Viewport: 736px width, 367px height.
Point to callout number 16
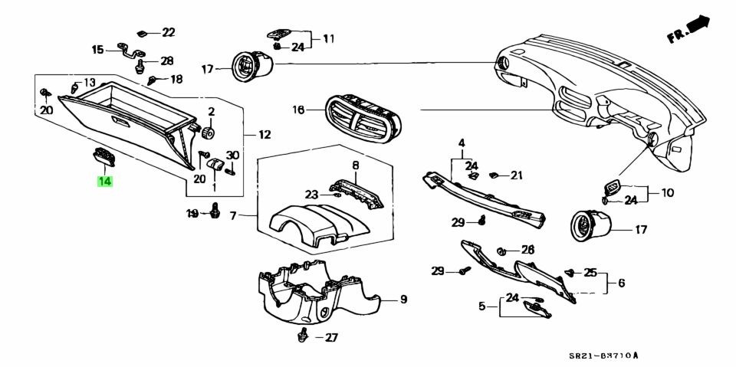tap(298, 110)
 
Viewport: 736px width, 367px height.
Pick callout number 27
tap(331, 337)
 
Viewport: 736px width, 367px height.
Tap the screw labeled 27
tap(305, 333)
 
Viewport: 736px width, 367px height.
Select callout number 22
tap(168, 32)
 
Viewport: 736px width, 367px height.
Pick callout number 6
tap(621, 283)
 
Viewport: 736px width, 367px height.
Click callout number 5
tap(483, 306)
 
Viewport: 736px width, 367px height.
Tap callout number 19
tap(193, 212)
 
